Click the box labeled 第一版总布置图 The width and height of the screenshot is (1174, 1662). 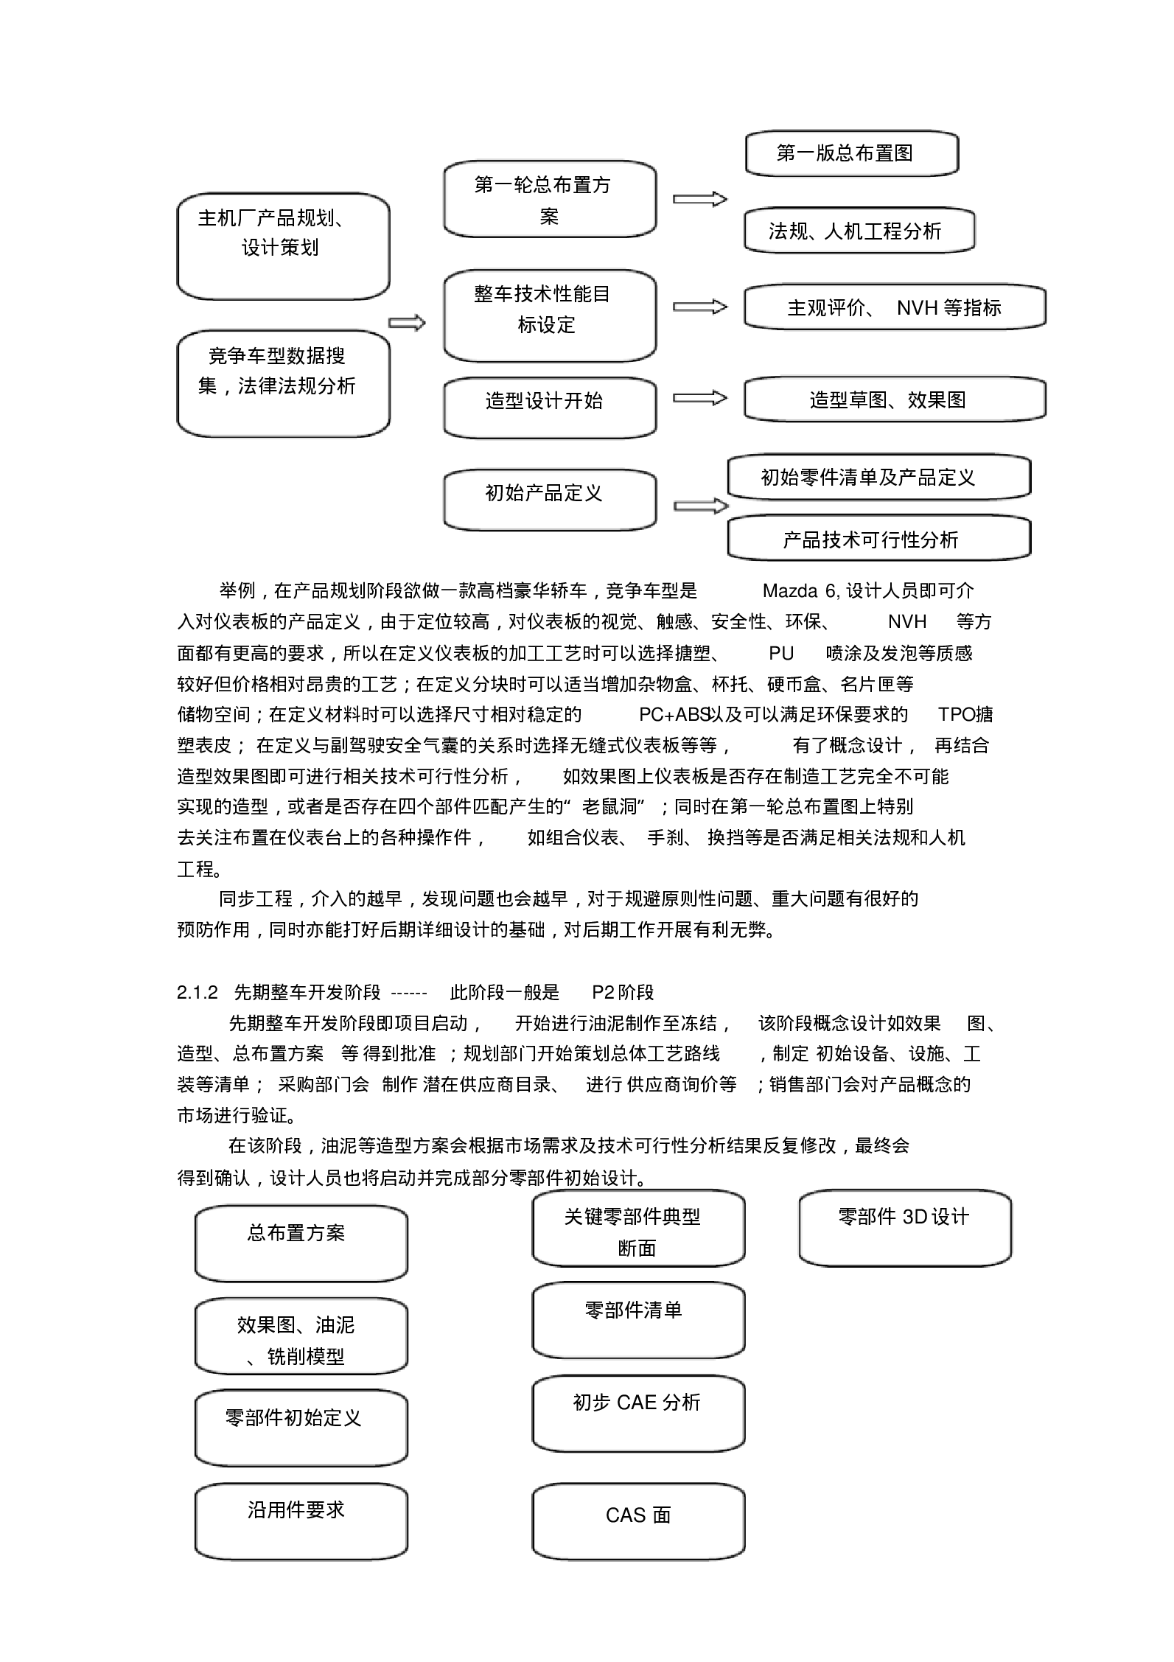[x=851, y=153]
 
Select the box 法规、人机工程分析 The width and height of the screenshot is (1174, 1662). [x=859, y=231]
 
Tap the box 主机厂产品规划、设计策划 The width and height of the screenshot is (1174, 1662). [x=283, y=246]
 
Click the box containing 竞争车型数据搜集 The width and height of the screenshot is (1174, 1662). [x=283, y=383]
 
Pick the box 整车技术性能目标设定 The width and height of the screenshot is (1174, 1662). [x=549, y=315]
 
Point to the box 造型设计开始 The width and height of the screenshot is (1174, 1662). [x=549, y=408]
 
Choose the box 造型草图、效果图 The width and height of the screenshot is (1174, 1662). [x=894, y=399]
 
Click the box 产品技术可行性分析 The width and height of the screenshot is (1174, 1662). [x=878, y=538]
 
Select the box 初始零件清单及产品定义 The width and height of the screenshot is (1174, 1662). [x=878, y=477]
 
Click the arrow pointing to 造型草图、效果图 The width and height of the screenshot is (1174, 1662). [x=699, y=398]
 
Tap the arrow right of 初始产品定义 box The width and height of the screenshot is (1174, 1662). [x=700, y=506]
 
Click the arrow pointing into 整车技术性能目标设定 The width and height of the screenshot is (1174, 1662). [x=407, y=323]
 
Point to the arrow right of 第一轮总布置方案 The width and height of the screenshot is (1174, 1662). [x=699, y=199]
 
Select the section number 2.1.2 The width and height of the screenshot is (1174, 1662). [x=198, y=993]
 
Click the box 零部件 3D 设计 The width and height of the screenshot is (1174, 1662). [x=904, y=1228]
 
